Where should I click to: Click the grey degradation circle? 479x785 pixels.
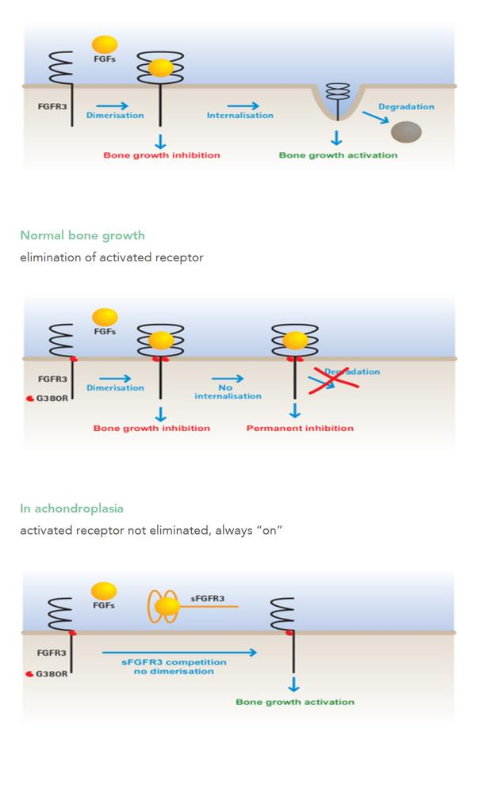click(x=407, y=131)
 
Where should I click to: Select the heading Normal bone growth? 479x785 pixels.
click(x=82, y=235)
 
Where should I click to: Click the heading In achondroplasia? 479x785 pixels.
click(x=72, y=508)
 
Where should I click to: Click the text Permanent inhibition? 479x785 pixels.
click(x=300, y=429)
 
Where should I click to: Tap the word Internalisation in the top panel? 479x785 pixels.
click(x=240, y=116)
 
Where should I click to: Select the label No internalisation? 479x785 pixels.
click(x=228, y=392)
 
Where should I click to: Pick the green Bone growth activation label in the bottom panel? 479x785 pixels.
click(x=295, y=702)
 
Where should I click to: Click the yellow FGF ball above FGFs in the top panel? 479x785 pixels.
click(x=105, y=44)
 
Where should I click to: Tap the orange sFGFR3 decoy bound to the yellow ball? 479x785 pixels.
click(x=165, y=608)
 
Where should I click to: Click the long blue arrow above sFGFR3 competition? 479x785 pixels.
click(x=179, y=653)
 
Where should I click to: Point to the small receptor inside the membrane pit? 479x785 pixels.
click(x=338, y=93)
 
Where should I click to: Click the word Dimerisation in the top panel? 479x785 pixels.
click(x=115, y=116)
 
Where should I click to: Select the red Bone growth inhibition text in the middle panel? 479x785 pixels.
click(x=151, y=429)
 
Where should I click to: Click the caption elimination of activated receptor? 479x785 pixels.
click(x=111, y=257)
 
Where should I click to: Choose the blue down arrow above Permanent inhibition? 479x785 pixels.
click(x=296, y=410)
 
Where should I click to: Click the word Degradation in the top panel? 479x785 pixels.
click(x=406, y=107)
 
